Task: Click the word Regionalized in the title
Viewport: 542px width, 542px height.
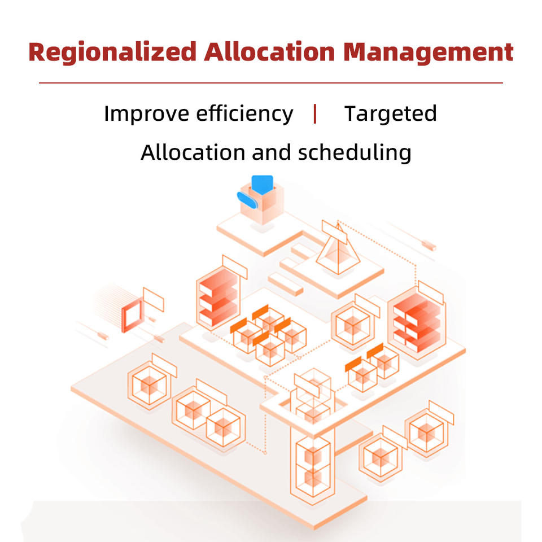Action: click(112, 53)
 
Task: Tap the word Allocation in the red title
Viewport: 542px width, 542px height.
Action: click(269, 53)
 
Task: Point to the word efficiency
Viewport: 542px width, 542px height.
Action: click(244, 114)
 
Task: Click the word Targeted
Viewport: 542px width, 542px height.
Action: click(391, 114)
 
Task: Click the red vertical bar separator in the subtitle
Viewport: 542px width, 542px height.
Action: click(315, 113)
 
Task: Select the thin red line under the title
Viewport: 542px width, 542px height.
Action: click(270, 83)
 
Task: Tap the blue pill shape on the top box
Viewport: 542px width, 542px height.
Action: click(247, 198)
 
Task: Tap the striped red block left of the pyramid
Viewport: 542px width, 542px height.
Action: click(217, 297)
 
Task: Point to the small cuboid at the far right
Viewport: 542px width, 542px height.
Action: click(429, 245)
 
